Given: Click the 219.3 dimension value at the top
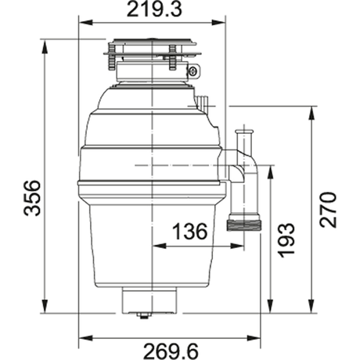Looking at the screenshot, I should pyautogui.click(x=151, y=11).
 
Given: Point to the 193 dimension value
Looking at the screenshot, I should pyautogui.click(x=286, y=239).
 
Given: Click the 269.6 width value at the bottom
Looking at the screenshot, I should pyautogui.click(x=171, y=350).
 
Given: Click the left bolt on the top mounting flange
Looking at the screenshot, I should pyautogui.click(x=113, y=56).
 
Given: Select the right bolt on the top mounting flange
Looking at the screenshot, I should pyautogui.click(x=173, y=56).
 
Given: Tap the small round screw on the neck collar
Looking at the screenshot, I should pyautogui.click(x=192, y=72).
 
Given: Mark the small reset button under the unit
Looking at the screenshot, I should pyautogui.click(x=142, y=315).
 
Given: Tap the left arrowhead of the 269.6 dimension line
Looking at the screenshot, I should pyautogui.click(x=83, y=338).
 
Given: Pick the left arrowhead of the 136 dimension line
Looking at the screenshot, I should pyautogui.click(x=157, y=245).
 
